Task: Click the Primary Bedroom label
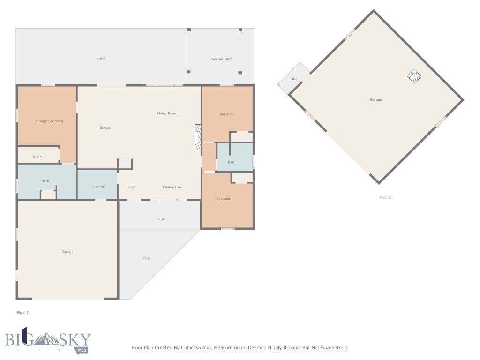[48, 121]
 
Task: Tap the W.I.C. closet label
[38, 157]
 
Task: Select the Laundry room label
[97, 187]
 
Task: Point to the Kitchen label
[105, 128]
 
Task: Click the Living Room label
[167, 113]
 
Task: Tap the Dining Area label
[172, 187]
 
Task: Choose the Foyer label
[131, 187]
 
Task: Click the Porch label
[161, 219]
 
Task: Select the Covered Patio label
[221, 59]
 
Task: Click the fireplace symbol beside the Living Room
[198, 138]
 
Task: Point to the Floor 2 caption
[385, 197]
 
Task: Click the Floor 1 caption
[22, 312]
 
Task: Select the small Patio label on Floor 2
[293, 79]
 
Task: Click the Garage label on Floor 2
[375, 100]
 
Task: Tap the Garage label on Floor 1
[67, 252]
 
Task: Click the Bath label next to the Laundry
[45, 181]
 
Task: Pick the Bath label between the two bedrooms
[232, 162]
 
